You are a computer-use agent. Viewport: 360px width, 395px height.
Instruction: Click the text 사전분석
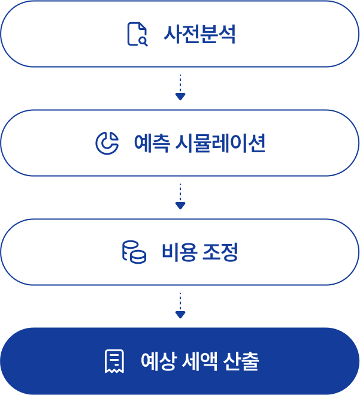click(199, 34)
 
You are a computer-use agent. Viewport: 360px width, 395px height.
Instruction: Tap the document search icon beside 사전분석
click(137, 34)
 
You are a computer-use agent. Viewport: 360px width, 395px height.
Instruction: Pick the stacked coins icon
click(134, 252)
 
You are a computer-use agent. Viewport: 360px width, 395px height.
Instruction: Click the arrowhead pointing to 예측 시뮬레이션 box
click(180, 97)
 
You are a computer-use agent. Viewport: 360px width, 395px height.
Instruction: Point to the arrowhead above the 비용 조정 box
click(180, 206)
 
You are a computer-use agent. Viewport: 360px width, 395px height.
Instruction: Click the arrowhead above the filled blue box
click(180, 315)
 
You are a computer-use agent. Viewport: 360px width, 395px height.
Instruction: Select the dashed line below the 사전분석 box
click(180, 83)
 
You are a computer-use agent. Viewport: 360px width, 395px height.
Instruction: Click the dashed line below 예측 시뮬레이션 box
click(180, 192)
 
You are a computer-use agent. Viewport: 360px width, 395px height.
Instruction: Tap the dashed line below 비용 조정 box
click(180, 301)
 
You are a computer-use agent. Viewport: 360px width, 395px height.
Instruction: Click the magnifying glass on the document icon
click(143, 41)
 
